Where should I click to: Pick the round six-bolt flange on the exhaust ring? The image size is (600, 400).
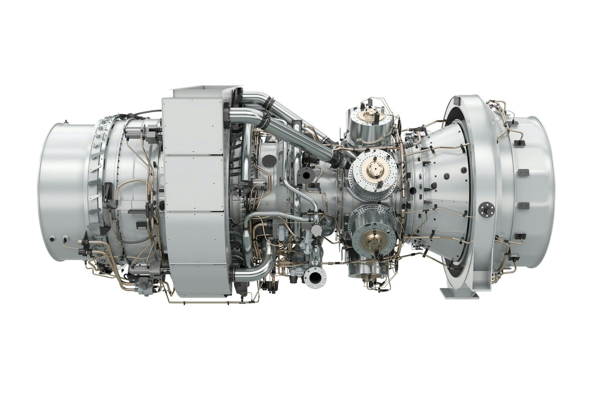(486, 209)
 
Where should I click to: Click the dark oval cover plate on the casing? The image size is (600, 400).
(270, 159)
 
